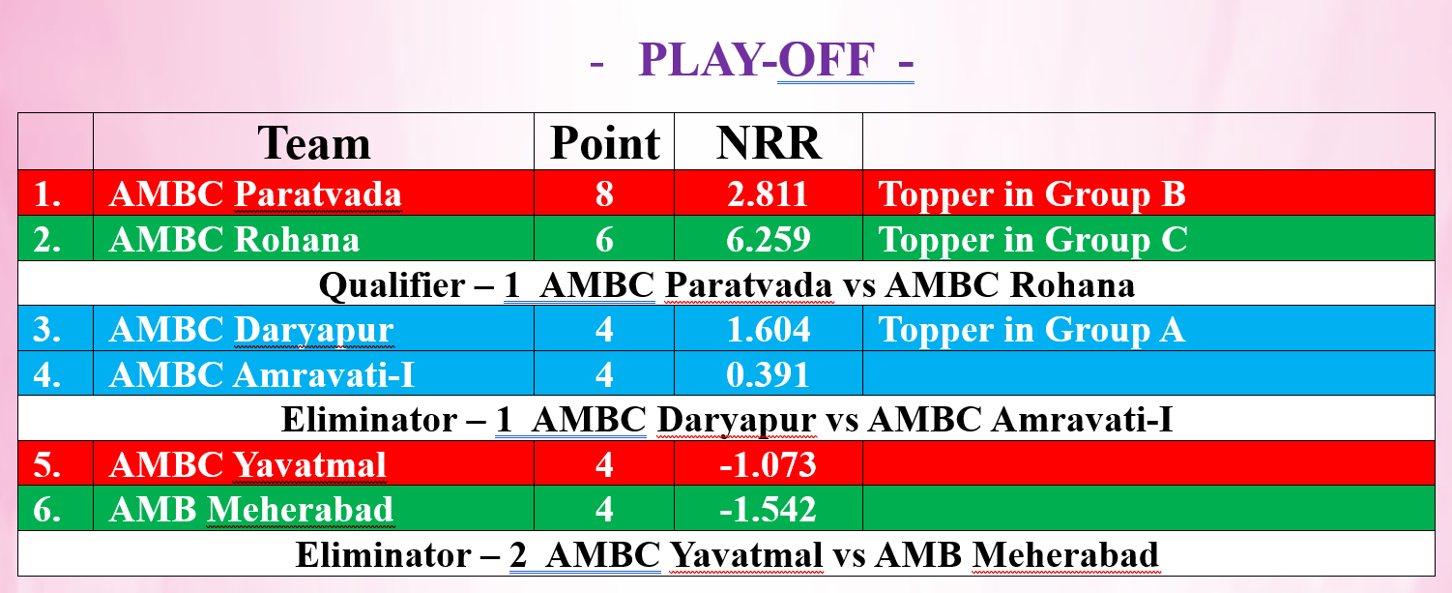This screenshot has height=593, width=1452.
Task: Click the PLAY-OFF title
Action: point(757,60)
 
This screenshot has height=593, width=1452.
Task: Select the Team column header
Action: point(314,143)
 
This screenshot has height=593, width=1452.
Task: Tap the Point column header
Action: point(605,143)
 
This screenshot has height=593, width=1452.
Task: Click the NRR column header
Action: point(769,143)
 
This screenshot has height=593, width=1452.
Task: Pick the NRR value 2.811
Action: point(769,194)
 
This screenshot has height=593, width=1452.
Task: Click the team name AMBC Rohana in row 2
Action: point(234,239)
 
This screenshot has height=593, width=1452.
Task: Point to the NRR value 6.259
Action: point(769,239)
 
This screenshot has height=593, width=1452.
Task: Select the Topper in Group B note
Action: point(1031,194)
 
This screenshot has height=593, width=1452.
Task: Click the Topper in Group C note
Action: point(1032,239)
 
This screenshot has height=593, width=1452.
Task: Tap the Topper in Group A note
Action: point(1031,330)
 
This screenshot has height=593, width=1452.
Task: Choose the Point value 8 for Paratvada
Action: point(605,194)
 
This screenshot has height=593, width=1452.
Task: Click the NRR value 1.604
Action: point(769,330)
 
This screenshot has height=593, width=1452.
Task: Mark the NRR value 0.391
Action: point(769,375)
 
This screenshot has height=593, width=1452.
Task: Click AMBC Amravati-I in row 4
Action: point(262,375)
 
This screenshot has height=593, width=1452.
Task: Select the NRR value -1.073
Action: point(768,465)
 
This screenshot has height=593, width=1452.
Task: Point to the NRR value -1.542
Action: point(768,510)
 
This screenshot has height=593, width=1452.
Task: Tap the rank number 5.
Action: point(46,465)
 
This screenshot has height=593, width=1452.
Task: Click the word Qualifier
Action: point(392,285)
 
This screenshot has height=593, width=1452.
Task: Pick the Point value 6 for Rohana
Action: point(605,239)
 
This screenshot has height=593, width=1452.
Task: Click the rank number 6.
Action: point(46,510)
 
